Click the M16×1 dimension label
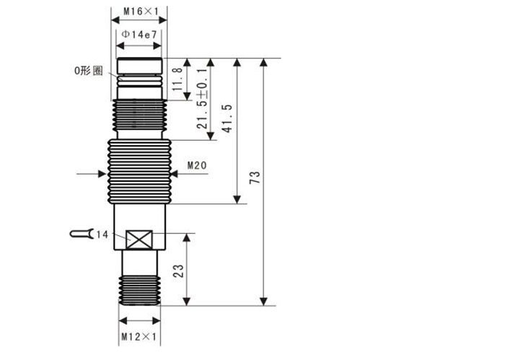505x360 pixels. point(141,12)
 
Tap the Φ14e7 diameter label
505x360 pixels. point(139,34)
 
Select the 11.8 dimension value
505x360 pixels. point(177,79)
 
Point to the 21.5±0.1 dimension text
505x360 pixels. point(202,99)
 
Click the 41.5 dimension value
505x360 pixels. point(227,118)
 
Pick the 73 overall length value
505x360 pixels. point(255,177)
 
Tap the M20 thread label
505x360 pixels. point(197,165)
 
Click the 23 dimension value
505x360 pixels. point(178,271)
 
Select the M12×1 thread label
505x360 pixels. point(139,337)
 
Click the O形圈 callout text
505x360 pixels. point(89,71)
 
